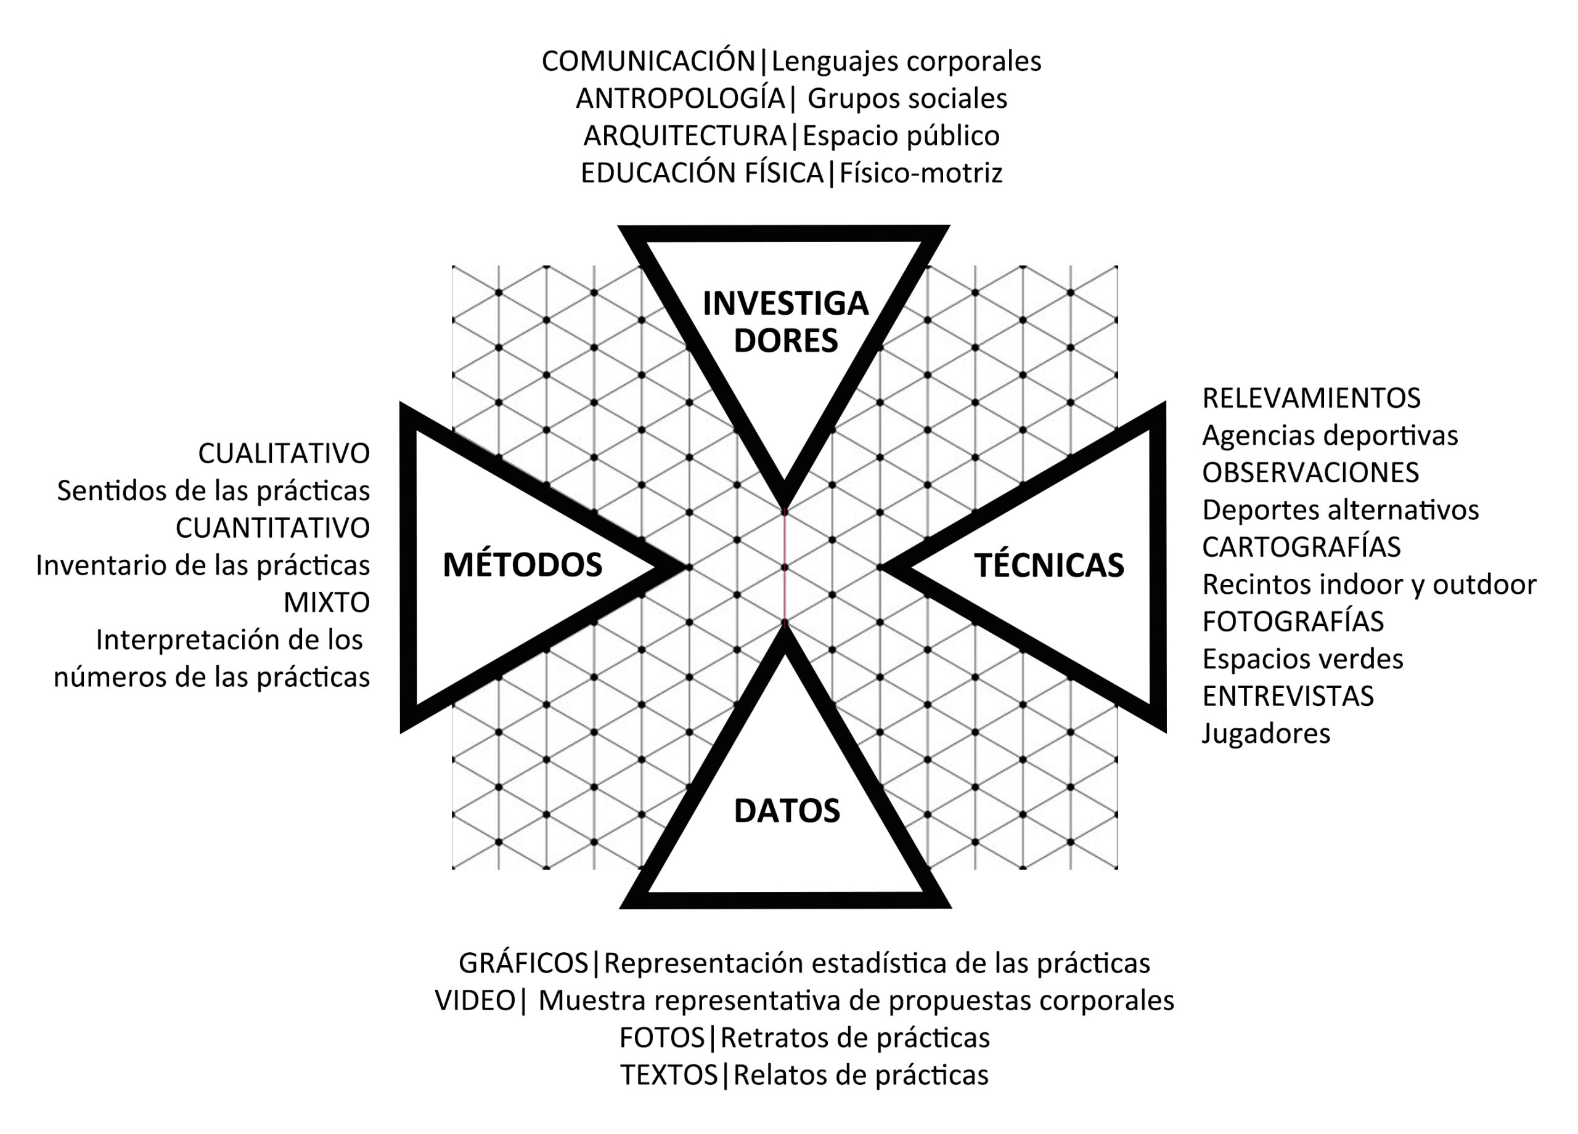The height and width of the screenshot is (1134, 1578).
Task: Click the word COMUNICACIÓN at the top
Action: [648, 61]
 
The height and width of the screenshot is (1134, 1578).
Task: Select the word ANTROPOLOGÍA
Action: [680, 99]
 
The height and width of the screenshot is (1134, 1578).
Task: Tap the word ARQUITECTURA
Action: [685, 136]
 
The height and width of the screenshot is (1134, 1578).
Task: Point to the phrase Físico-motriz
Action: [920, 173]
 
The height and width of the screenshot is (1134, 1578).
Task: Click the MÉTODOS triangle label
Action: [523, 565]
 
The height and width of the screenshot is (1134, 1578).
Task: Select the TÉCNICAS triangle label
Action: [1049, 565]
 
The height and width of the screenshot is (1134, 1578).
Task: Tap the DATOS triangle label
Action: [787, 811]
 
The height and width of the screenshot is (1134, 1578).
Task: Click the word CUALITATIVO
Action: [284, 454]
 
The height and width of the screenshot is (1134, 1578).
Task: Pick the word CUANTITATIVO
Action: [272, 529]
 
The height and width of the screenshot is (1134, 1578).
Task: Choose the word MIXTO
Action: [326, 603]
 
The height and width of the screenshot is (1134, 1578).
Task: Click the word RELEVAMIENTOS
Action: [1311, 399]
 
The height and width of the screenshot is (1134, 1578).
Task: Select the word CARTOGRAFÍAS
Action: [1301, 547]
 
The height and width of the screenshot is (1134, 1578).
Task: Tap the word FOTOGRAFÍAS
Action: [1293, 622]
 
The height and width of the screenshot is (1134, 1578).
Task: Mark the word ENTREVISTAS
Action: [1288, 696]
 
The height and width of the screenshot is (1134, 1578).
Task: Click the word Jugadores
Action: [1265, 734]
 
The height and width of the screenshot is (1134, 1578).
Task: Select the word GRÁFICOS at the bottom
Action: [523, 963]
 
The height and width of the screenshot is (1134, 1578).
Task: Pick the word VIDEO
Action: [475, 1001]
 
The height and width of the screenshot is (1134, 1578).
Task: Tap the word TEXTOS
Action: [669, 1075]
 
